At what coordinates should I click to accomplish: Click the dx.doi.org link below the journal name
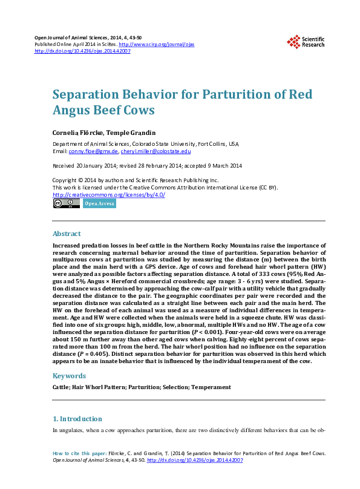click(x=82, y=51)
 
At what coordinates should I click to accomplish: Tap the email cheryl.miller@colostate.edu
click(x=155, y=151)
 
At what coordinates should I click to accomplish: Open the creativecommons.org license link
click(x=109, y=194)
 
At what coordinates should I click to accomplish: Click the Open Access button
click(x=99, y=204)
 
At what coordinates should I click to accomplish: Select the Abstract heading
click(x=67, y=234)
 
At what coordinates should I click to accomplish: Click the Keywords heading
click(x=69, y=376)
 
